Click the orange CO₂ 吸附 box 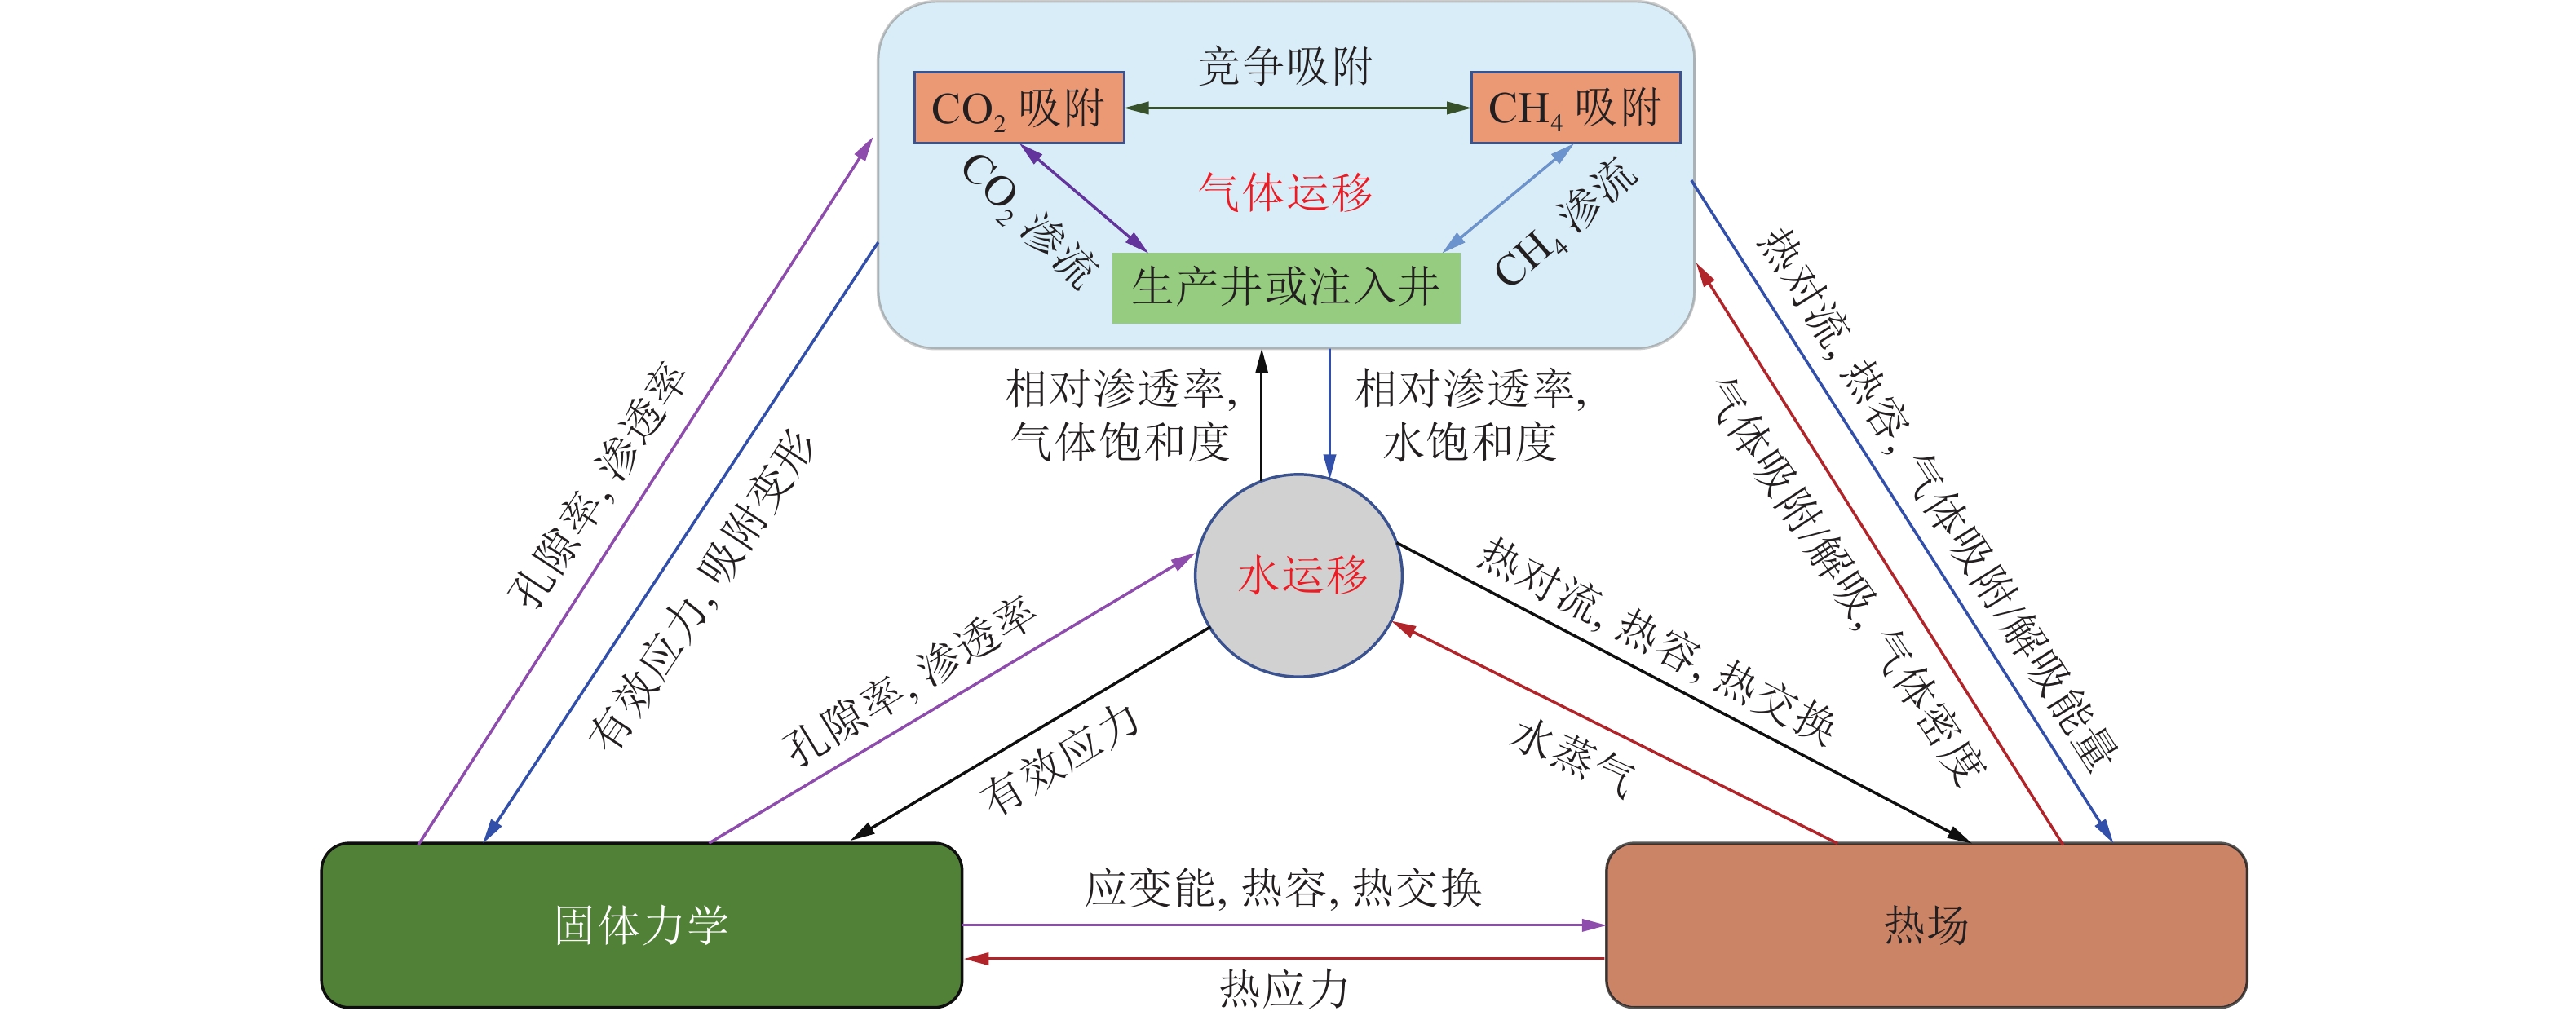pyautogui.click(x=1019, y=108)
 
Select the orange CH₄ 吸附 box pyautogui.click(x=1575, y=108)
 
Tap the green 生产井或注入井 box pyautogui.click(x=1285, y=288)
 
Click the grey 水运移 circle pyautogui.click(x=1298, y=576)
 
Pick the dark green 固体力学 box pyautogui.click(x=641, y=925)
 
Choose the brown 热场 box pyautogui.click(x=1925, y=925)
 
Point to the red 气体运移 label pyautogui.click(x=1285, y=192)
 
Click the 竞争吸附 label pyautogui.click(x=1285, y=66)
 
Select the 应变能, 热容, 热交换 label pyautogui.click(x=1284, y=887)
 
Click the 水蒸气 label pyautogui.click(x=1572, y=760)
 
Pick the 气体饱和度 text pyautogui.click(x=1120, y=441)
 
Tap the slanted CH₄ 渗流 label pyautogui.click(x=1566, y=221)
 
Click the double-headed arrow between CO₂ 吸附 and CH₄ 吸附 pyautogui.click(x=1298, y=108)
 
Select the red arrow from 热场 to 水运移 pyautogui.click(x=1616, y=733)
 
